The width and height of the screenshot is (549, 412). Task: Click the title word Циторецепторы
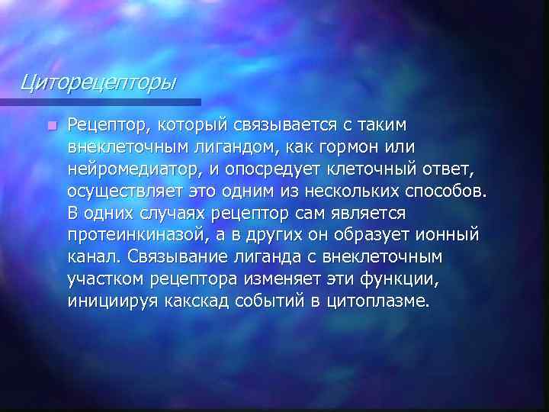(x=98, y=80)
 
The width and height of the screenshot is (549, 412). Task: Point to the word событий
(x=278, y=300)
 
